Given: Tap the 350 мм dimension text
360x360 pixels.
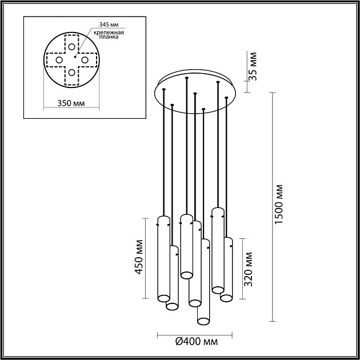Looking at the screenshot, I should (x=71, y=103).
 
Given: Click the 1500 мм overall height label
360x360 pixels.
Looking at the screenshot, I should (x=278, y=204).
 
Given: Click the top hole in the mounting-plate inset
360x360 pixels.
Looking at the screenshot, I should (x=71, y=47).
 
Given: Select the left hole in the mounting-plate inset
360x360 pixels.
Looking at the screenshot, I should (x=58, y=59).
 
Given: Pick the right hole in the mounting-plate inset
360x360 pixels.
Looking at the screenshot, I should (x=84, y=59).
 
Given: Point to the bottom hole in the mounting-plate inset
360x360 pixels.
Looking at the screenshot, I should (x=71, y=73).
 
